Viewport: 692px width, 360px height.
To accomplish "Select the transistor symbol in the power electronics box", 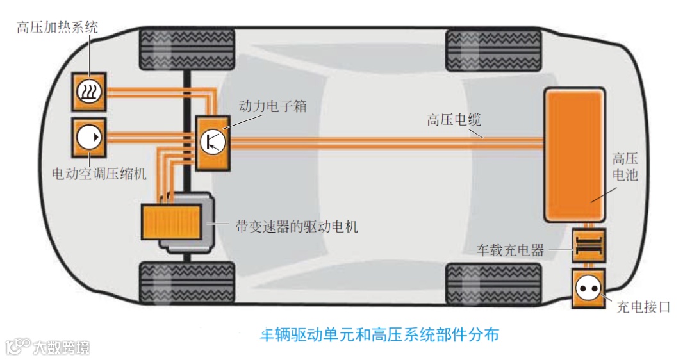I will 212,141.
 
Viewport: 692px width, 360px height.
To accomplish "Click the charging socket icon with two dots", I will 588,289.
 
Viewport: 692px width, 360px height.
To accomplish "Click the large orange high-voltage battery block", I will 574,155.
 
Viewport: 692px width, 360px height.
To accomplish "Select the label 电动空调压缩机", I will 100,173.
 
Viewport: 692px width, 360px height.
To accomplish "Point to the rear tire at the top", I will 493,48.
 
